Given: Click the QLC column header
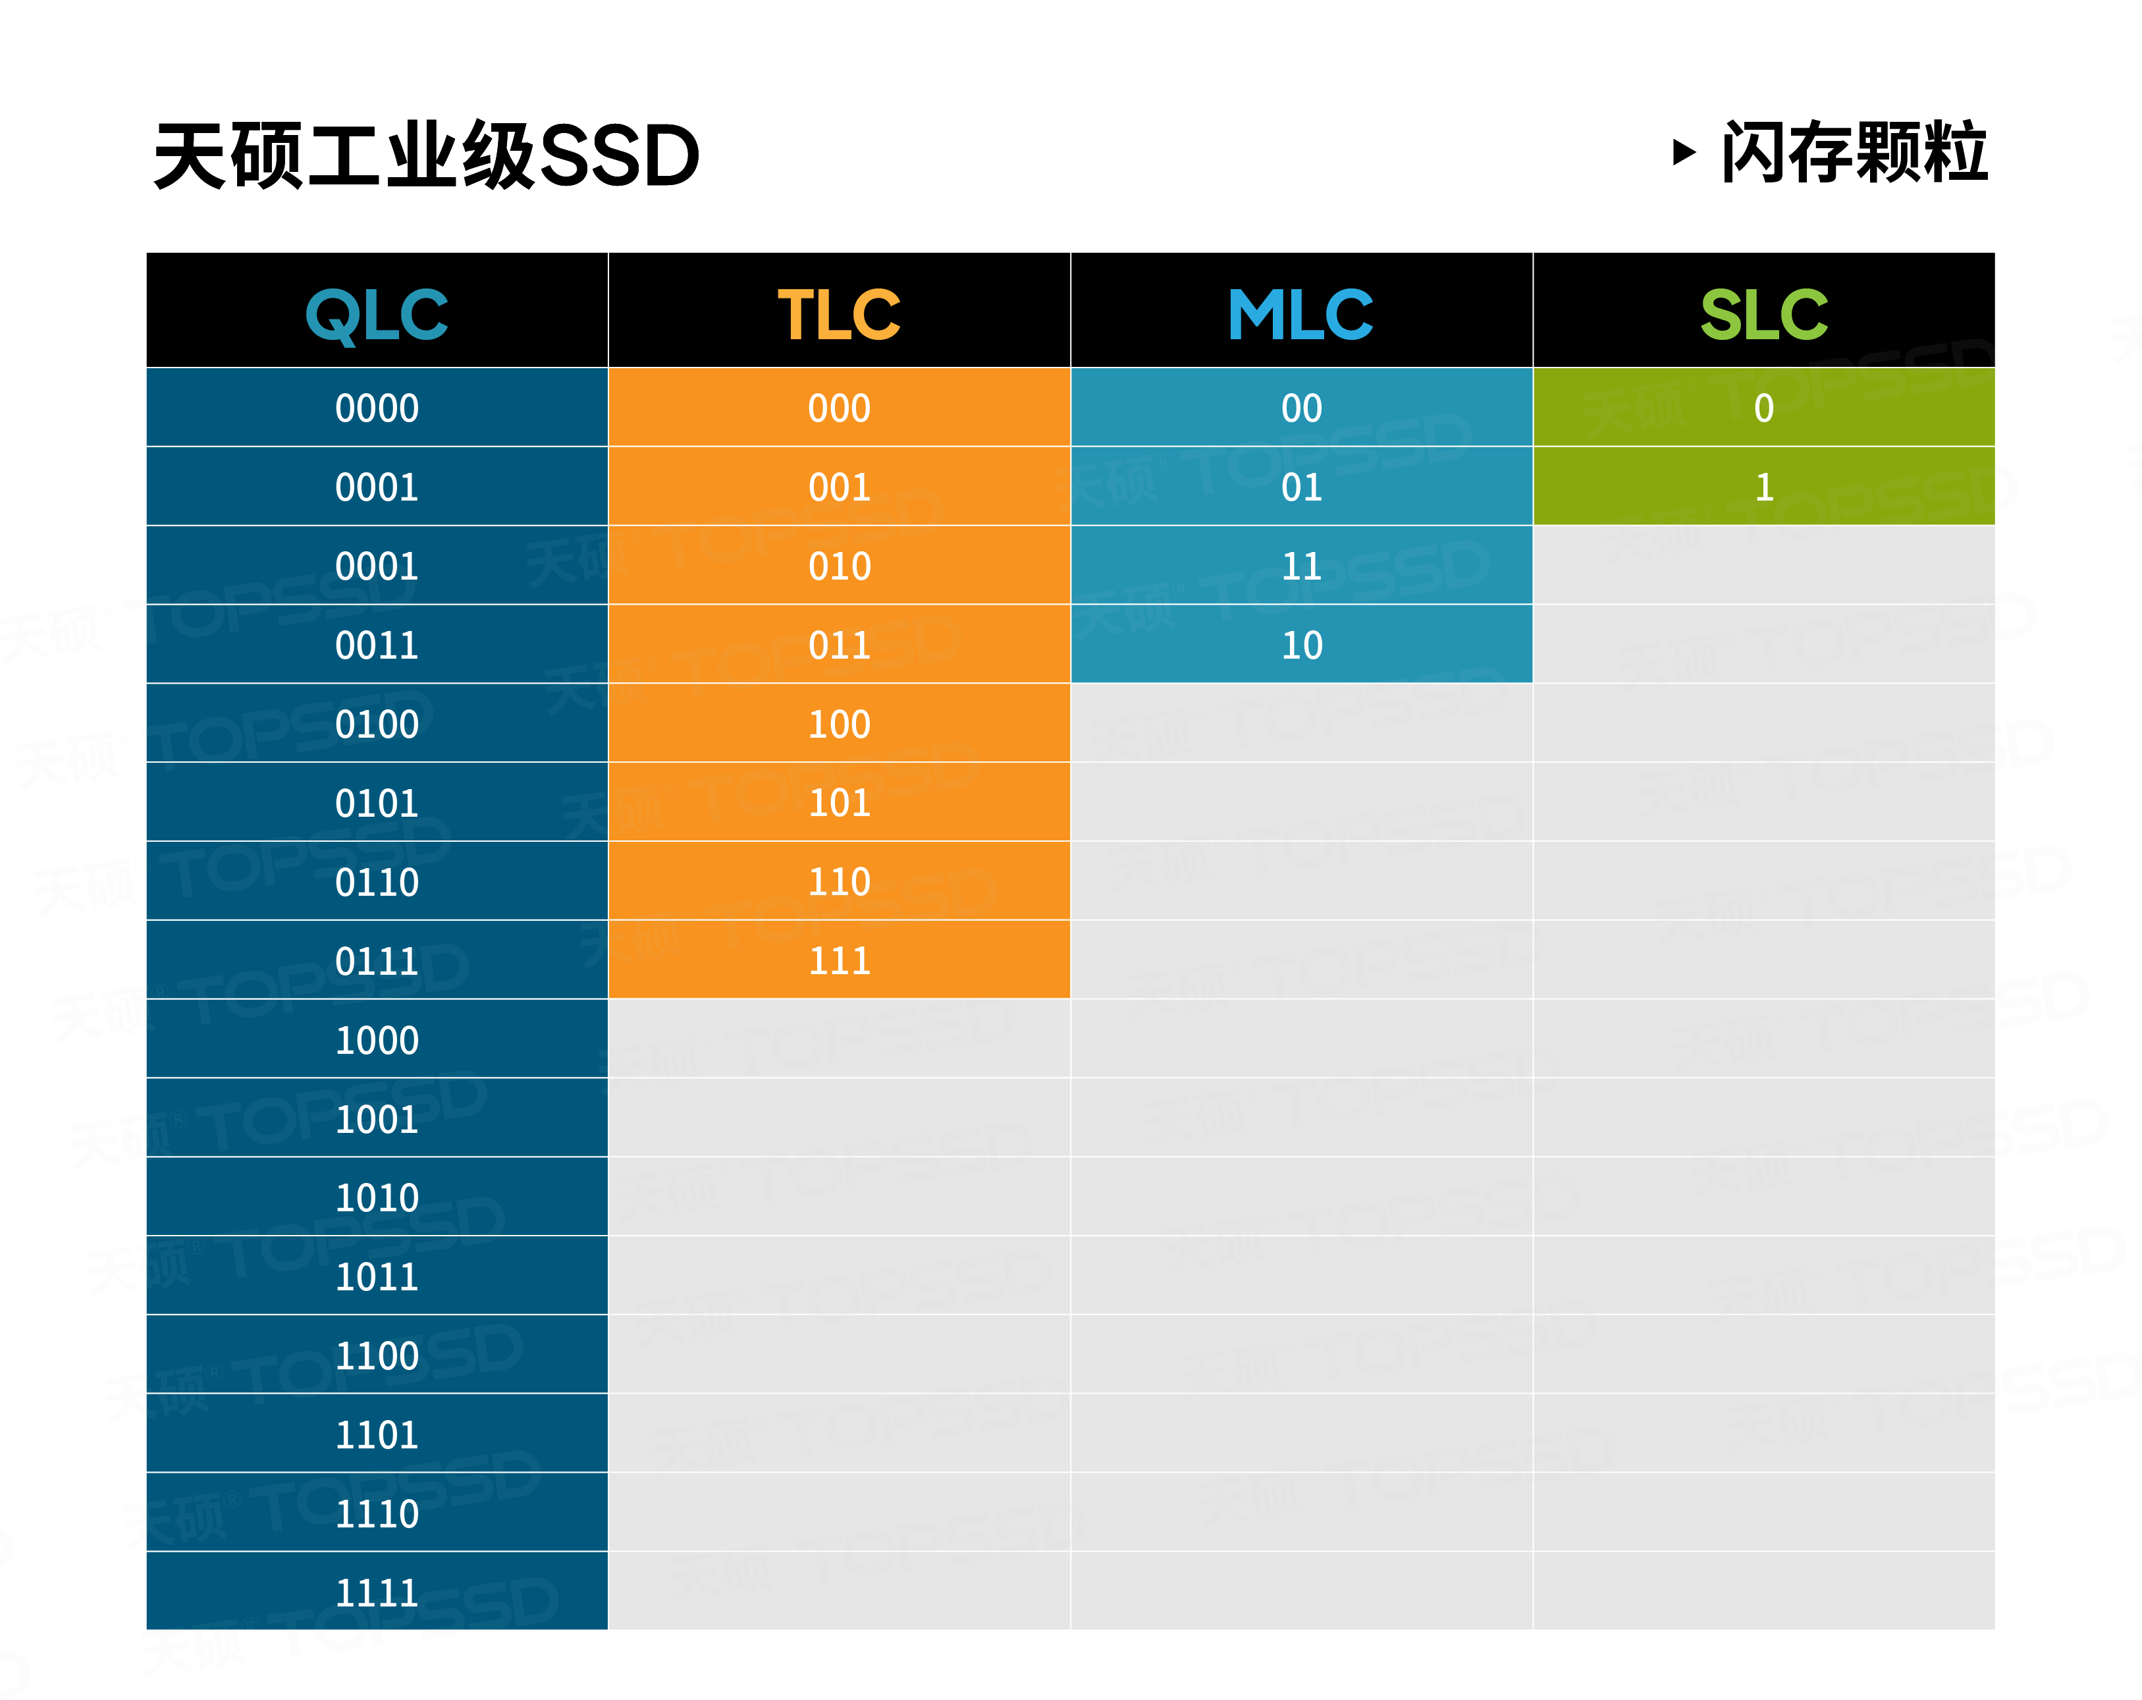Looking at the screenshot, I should pyautogui.click(x=377, y=314).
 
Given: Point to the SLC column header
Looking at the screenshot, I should pyautogui.click(x=1763, y=314).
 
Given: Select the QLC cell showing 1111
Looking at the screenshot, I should pyautogui.click(x=377, y=1593).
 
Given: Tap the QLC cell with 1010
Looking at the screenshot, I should pyautogui.click(x=377, y=1198).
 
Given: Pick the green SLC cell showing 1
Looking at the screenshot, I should pyautogui.click(x=1763, y=487).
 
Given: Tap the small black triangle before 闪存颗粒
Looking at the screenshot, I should pyautogui.click(x=1683, y=152).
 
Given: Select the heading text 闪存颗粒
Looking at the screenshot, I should pyautogui.click(x=1854, y=152).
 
